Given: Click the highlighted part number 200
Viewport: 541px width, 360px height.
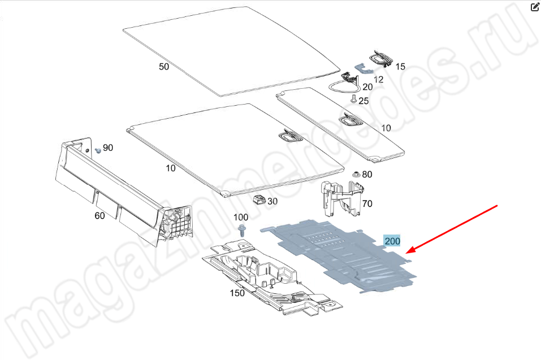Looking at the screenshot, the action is (392, 241).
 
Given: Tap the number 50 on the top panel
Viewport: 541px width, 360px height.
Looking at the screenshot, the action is (164, 67).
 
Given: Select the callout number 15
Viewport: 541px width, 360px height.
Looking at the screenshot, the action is (400, 67).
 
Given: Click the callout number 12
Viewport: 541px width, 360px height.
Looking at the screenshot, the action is (379, 80).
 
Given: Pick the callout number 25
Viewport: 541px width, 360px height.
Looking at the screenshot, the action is (363, 101).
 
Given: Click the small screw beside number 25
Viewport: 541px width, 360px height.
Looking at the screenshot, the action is (354, 99).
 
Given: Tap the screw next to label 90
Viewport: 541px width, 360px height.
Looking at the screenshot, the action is (98, 150).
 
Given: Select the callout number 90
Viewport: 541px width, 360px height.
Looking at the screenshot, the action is (108, 148).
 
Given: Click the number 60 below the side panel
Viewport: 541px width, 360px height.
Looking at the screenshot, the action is (99, 215).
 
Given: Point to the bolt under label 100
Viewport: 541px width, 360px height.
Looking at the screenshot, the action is (242, 230).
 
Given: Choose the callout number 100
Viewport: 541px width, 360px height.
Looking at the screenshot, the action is (241, 217).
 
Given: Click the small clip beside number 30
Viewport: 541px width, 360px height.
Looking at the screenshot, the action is (259, 199).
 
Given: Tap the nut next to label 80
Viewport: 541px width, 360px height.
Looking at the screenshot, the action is (356, 174).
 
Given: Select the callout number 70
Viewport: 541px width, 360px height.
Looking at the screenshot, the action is (367, 204).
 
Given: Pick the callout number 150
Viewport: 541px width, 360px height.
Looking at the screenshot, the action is (237, 293).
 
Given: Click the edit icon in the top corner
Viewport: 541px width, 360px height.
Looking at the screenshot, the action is (534, 7).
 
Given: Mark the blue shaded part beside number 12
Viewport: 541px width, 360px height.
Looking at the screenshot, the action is (363, 68).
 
